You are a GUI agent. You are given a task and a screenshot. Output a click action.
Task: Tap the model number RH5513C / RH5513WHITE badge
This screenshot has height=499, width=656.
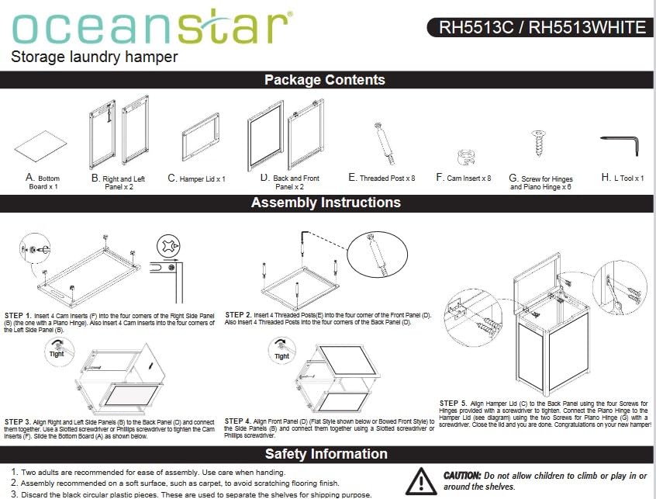point(540,28)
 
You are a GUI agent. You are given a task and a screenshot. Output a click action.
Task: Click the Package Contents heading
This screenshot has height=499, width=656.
point(325,79)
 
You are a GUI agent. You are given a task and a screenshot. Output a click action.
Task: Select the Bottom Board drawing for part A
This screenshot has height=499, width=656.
point(40,146)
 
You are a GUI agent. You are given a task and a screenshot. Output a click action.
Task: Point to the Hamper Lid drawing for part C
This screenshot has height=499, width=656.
point(201,137)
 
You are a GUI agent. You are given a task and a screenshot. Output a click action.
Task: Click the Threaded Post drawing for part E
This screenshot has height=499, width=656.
point(385,144)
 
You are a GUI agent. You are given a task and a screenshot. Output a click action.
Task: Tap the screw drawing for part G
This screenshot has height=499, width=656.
point(539,143)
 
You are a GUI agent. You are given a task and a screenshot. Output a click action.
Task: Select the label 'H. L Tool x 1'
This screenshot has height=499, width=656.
point(623,178)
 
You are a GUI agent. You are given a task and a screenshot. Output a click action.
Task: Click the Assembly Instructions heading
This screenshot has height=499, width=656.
point(326,203)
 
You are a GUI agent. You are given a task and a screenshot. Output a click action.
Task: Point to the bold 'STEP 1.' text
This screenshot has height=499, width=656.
point(18,316)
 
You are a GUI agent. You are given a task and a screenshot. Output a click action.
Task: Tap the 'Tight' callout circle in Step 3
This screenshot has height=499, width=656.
point(59,352)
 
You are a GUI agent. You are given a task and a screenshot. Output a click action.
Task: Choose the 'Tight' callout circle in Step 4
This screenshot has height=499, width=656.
point(282,352)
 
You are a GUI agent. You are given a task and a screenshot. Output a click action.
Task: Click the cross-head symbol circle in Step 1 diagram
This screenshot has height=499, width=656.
point(168,246)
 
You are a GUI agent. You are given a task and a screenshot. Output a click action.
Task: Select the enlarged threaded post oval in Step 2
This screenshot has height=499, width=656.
point(378,255)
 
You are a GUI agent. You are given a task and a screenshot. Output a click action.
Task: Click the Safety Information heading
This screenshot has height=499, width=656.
point(326,454)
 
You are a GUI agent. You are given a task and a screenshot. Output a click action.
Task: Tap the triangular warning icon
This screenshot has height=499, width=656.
point(421,481)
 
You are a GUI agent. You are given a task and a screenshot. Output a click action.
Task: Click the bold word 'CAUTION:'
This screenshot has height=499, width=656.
point(462,476)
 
